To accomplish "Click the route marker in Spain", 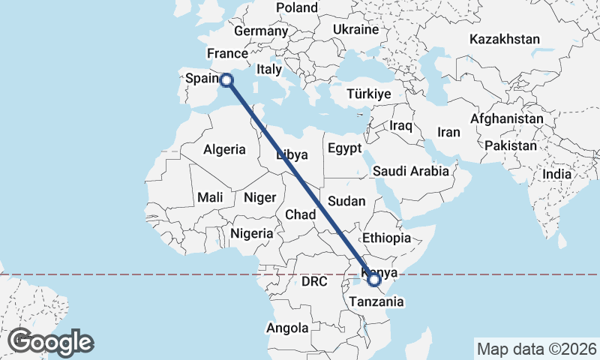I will click(x=226, y=79).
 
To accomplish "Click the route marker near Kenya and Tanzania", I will click(x=375, y=280).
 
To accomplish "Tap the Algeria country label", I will click(x=224, y=148).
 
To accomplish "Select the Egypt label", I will click(x=344, y=148).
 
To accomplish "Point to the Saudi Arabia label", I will click(x=410, y=171).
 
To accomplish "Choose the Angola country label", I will click(x=287, y=328).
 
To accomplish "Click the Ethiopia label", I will click(x=386, y=238).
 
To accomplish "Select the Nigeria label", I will click(x=252, y=233).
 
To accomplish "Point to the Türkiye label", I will click(x=369, y=94).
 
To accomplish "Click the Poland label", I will click(x=297, y=7).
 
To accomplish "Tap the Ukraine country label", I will click(x=355, y=30).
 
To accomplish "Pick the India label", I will click(x=556, y=173).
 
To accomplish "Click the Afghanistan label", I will click(x=507, y=118).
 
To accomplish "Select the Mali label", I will click(x=209, y=197).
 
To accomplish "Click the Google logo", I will click(x=50, y=342).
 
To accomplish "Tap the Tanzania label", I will click(x=374, y=301).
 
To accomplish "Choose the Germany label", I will click(x=260, y=31).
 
